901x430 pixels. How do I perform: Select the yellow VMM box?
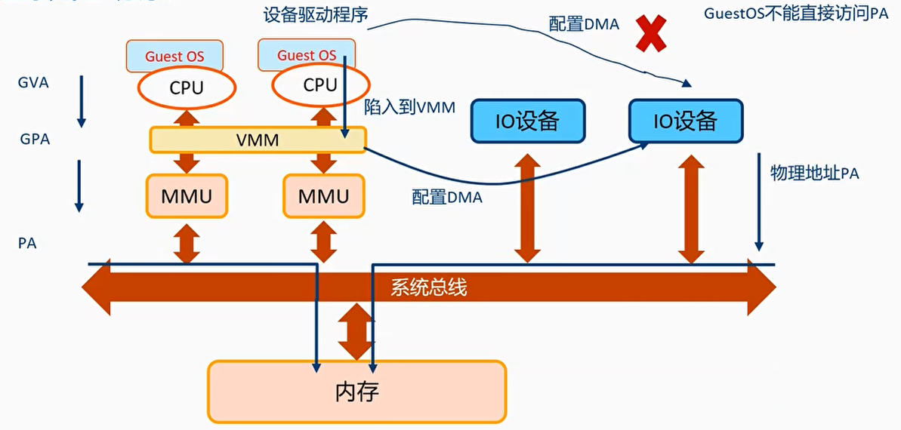(x=258, y=140)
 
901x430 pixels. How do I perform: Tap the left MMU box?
(x=187, y=196)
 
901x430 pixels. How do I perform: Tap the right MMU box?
(x=323, y=196)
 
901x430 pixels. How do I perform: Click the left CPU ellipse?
(x=186, y=88)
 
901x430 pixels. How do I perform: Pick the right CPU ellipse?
(x=319, y=85)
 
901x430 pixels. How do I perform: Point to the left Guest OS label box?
(x=174, y=57)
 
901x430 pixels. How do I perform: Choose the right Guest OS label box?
(x=306, y=55)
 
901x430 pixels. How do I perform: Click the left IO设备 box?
(x=527, y=121)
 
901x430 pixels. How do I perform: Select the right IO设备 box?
(x=685, y=121)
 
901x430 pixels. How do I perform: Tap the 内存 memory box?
(x=356, y=392)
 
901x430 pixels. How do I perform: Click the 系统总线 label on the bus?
(x=428, y=287)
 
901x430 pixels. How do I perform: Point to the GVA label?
(x=33, y=83)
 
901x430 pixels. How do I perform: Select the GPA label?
(x=35, y=140)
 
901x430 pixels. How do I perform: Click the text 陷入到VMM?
(x=410, y=107)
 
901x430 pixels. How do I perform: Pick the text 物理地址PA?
(x=814, y=173)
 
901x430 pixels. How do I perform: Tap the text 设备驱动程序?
(x=316, y=15)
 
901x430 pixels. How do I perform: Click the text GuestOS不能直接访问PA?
(x=796, y=14)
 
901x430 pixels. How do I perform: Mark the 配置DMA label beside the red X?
(x=584, y=24)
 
